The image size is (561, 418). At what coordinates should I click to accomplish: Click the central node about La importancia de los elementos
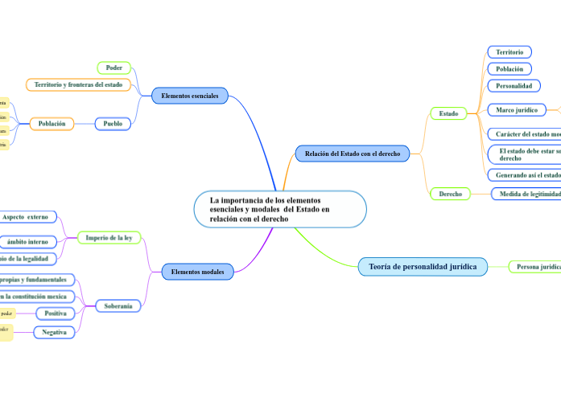coord(280,209)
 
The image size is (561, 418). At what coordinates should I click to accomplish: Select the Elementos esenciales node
coord(190,96)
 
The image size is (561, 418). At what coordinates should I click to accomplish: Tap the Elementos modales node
coord(198,272)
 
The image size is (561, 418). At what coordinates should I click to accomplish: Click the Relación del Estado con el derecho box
coord(353,153)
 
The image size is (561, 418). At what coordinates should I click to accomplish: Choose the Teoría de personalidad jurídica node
coord(423,266)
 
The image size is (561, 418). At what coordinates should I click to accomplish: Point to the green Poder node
coord(113,68)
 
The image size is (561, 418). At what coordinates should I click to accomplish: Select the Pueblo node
coord(113,124)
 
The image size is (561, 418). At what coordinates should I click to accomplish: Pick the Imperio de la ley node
coord(109,238)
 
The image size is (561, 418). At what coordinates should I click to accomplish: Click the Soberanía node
coord(118,305)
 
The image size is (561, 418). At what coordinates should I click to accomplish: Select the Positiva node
coord(56,313)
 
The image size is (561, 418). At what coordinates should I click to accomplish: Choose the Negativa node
coord(54,332)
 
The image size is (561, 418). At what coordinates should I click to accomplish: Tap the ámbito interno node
coord(27,242)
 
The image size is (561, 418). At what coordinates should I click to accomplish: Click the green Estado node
coord(448,113)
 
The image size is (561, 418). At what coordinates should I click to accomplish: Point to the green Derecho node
coord(450,194)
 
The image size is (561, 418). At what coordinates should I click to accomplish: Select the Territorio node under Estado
coord(509,52)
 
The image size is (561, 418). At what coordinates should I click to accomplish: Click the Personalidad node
coord(514,85)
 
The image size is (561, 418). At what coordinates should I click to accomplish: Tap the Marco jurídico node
coord(516,109)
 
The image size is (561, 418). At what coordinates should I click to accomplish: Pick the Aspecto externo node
coord(26,217)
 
